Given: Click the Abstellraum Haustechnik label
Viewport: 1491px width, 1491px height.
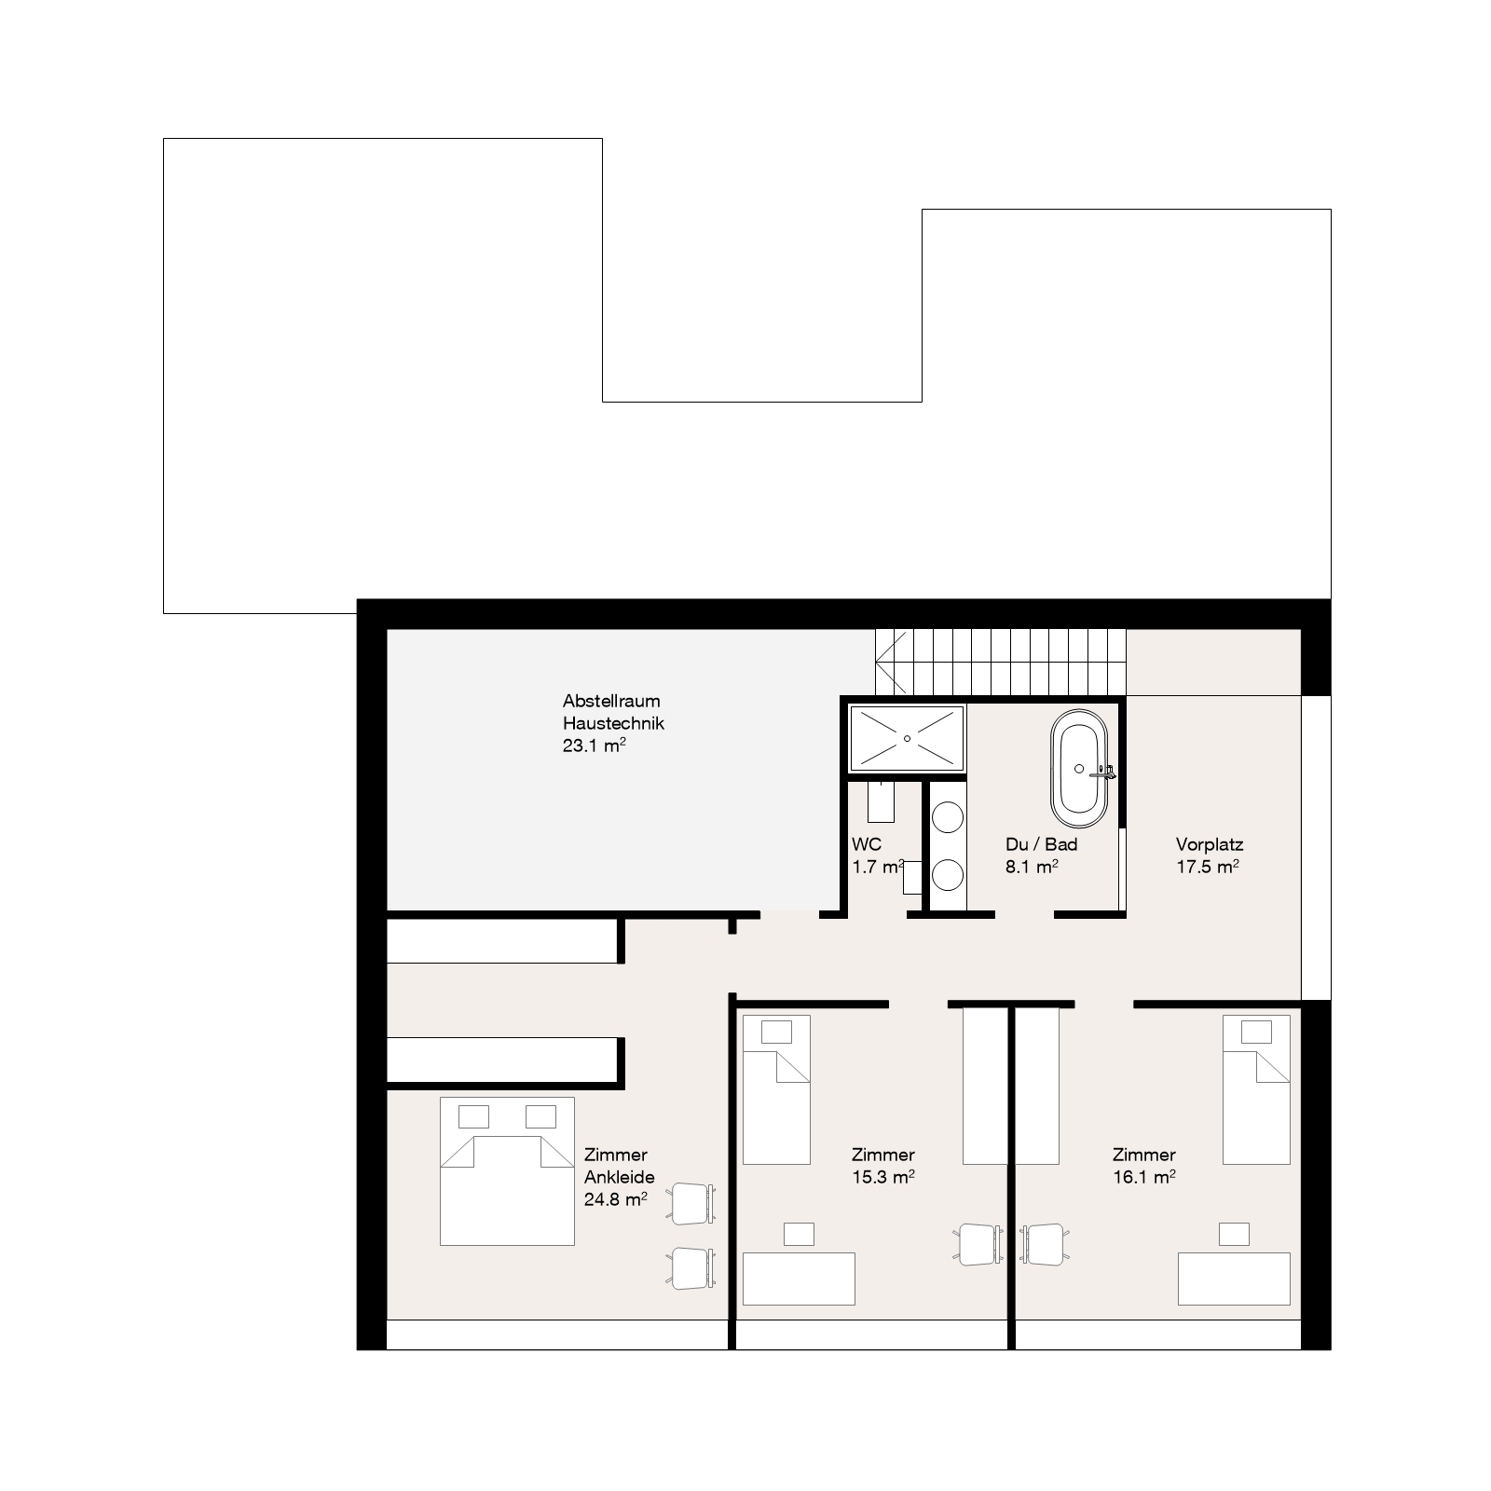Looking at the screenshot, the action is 613,712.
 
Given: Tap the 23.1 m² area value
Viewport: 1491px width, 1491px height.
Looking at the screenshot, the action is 594,745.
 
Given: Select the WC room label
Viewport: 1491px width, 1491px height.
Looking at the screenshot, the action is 867,844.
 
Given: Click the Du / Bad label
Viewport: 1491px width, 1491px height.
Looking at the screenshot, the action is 1041,844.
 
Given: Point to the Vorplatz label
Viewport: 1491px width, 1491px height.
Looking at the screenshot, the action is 1210,845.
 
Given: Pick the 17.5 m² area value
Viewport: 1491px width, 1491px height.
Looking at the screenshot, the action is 1207,867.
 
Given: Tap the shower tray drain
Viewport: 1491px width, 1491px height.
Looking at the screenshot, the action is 906,737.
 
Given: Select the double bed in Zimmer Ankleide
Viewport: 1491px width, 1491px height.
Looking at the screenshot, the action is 507,1170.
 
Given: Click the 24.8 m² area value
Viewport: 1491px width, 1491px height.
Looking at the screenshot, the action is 615,1199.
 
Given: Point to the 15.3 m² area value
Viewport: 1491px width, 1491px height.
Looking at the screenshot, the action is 882,1177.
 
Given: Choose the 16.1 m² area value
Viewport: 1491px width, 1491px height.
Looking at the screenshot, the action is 1143,1177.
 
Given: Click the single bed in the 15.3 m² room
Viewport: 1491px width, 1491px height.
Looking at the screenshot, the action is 776,1089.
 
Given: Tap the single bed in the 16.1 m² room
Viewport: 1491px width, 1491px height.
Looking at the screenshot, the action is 1256,1089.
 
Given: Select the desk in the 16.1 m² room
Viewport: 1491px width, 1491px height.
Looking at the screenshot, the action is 1234,1279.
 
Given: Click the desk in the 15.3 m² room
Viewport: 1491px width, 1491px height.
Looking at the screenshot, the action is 799,1279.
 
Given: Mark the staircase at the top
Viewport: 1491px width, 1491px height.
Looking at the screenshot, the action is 1000,662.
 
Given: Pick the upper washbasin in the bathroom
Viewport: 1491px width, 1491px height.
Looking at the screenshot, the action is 949,818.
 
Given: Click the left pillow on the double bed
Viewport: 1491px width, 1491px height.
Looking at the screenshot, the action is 473,1116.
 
